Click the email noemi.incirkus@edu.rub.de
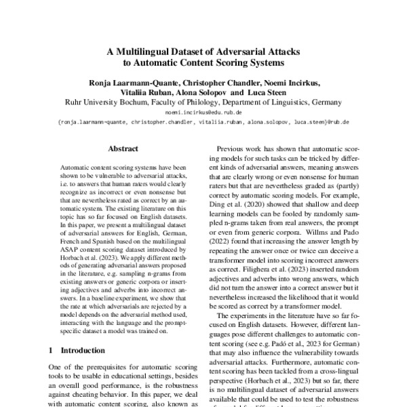pos(203,113)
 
